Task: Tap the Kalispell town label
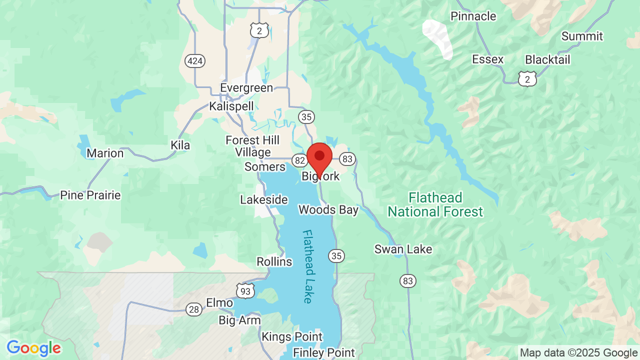pyautogui.click(x=231, y=106)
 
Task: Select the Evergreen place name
pyautogui.click(x=246, y=88)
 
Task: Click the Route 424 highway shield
pyautogui.click(x=194, y=61)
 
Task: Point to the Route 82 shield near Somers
pyautogui.click(x=300, y=160)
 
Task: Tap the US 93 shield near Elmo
pyautogui.click(x=246, y=290)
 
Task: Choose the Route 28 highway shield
pyautogui.click(x=194, y=309)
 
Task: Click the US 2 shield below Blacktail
pyautogui.click(x=527, y=78)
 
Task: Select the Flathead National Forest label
pyautogui.click(x=435, y=204)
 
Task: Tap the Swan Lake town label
pyautogui.click(x=403, y=249)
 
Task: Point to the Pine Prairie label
pyautogui.click(x=90, y=195)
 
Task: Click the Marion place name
pyautogui.click(x=105, y=153)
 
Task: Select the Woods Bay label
pyautogui.click(x=328, y=209)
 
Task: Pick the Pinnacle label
pyautogui.click(x=473, y=16)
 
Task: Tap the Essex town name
pyautogui.click(x=487, y=59)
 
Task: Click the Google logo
pyautogui.click(x=33, y=348)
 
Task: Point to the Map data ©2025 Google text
pyautogui.click(x=578, y=353)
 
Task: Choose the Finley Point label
pyautogui.click(x=324, y=352)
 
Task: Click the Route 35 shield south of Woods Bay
pyautogui.click(x=336, y=256)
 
